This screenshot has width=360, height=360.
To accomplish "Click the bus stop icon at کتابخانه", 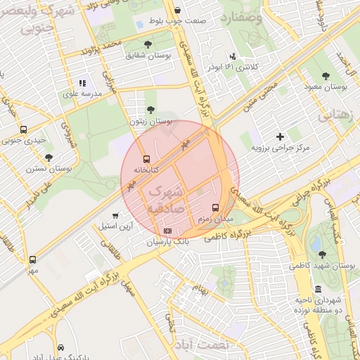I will point(146,159).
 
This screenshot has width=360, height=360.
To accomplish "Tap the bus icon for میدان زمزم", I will point(215,207).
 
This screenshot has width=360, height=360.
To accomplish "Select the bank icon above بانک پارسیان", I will point(167,231).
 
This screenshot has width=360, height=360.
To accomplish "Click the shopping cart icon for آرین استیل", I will point(115,216).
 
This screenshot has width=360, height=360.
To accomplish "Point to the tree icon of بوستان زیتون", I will point(150,109).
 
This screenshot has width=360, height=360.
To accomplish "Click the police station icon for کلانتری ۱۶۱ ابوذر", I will point(233,56).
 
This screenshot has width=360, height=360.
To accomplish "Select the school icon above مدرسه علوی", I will point(82,83).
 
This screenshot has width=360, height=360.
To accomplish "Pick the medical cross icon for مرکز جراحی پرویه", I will point(281,136).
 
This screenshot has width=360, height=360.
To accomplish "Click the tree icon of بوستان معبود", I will point(326,75).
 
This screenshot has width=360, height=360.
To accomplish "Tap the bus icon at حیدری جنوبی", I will point(24,129).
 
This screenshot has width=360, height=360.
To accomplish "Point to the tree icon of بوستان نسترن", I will point(48,157).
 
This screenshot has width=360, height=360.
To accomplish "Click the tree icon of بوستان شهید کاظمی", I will point(322,255).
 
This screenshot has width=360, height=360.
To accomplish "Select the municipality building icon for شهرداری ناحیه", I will point(319,289).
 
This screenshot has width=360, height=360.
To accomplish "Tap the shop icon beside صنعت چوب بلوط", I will point(177,11).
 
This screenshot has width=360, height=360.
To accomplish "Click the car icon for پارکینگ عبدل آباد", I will point(61,348).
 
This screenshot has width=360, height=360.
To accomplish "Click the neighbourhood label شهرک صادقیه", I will point(166,200).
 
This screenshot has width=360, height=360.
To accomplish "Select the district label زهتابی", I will point(337,116).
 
